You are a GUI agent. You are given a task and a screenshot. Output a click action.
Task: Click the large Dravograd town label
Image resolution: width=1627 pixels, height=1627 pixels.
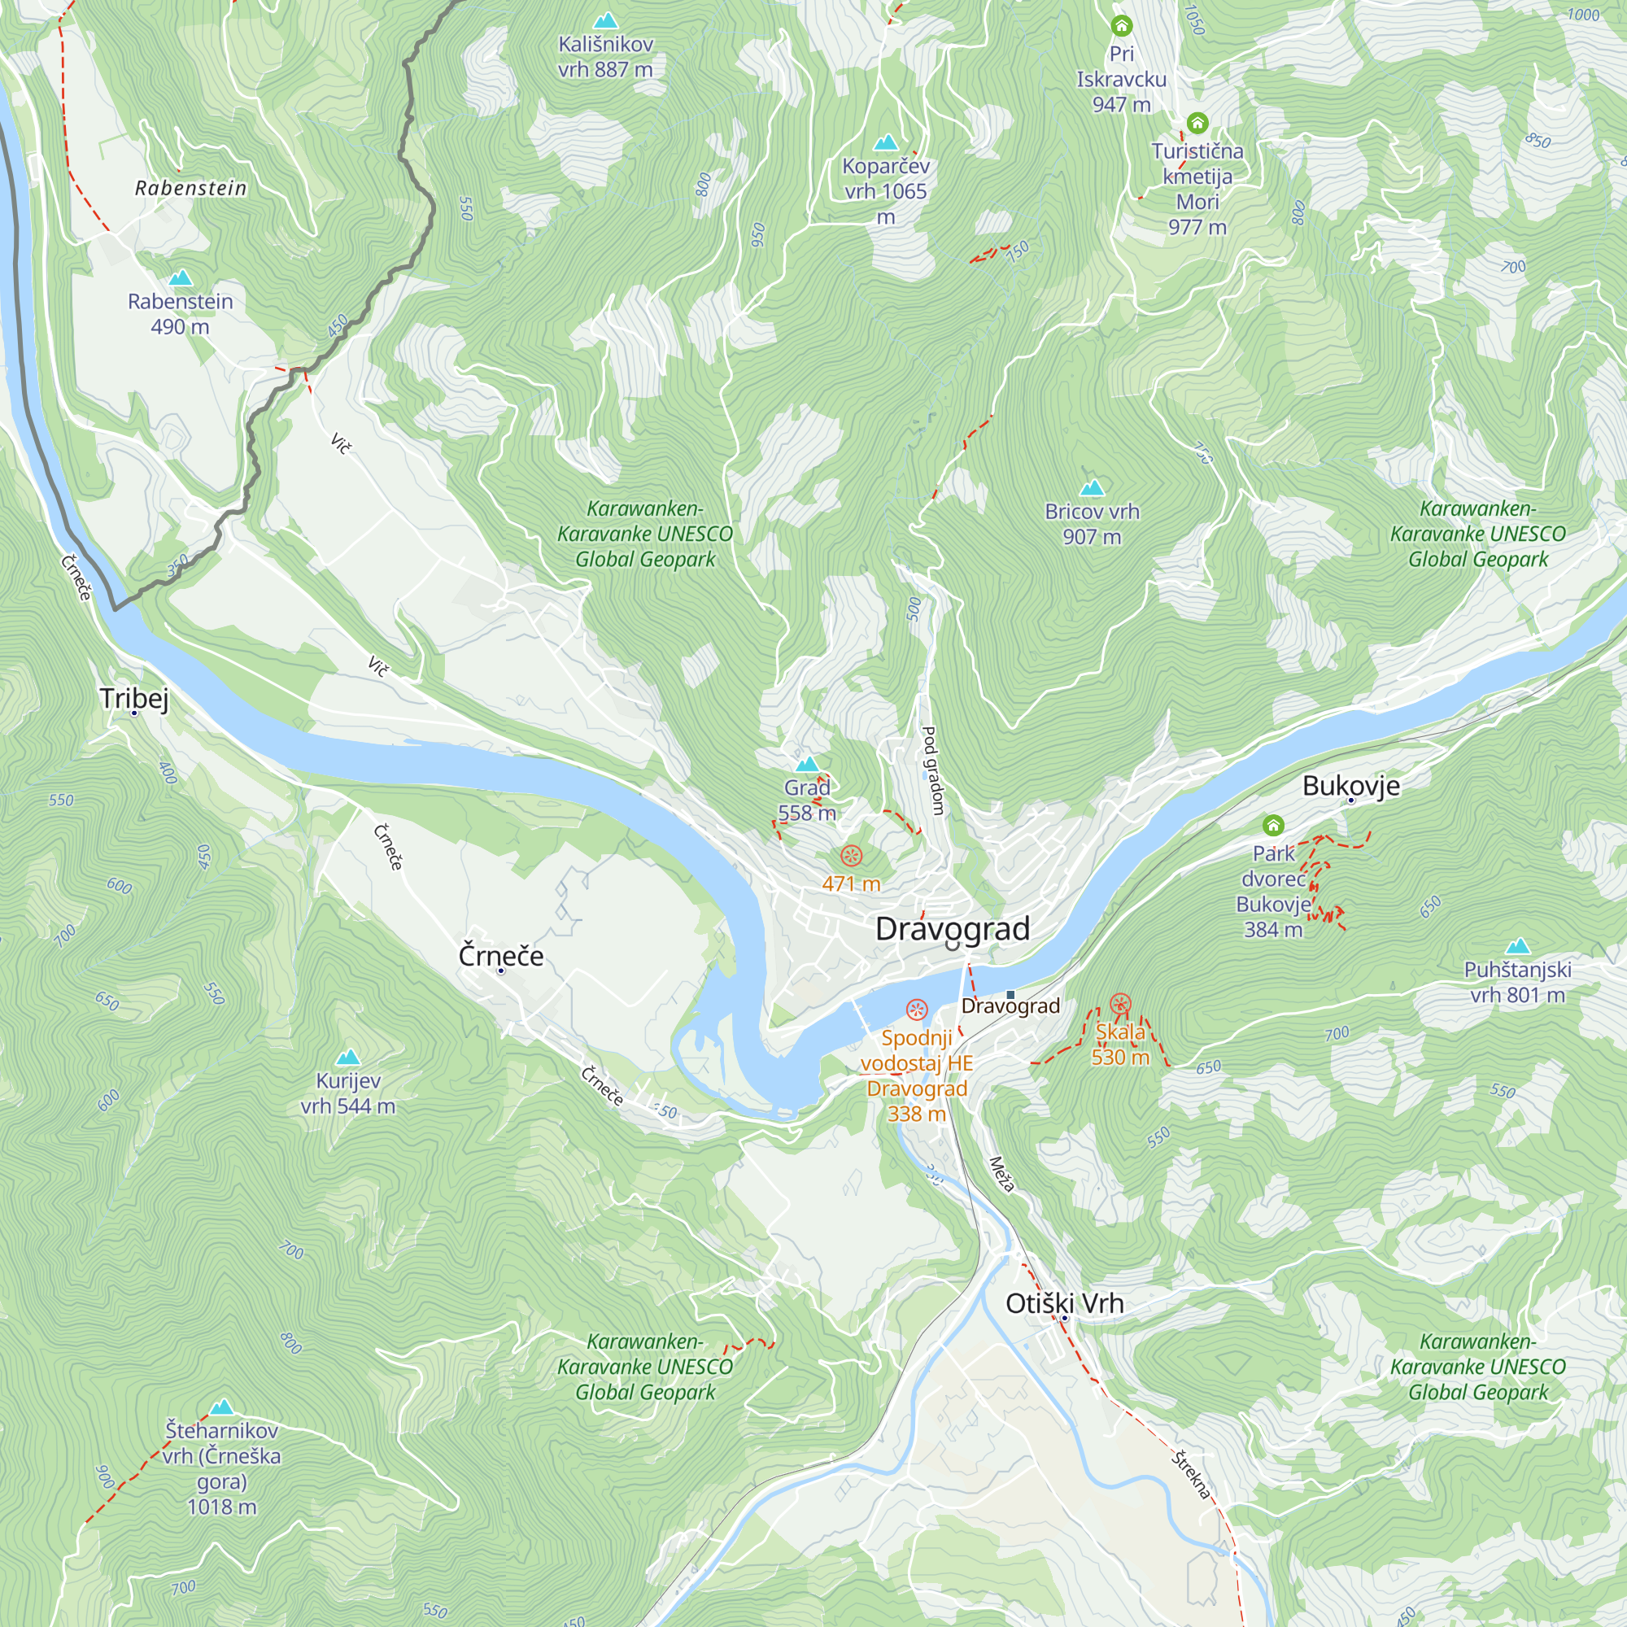click(953, 929)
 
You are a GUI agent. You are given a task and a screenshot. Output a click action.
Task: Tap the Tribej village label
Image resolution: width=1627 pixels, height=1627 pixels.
click(134, 698)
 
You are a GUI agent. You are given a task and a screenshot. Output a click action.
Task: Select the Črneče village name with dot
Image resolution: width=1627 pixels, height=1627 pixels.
click(500, 956)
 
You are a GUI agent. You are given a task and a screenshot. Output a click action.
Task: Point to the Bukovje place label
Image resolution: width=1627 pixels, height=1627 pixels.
click(1350, 786)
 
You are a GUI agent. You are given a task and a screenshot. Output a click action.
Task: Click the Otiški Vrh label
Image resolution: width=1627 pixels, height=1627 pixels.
click(1063, 1303)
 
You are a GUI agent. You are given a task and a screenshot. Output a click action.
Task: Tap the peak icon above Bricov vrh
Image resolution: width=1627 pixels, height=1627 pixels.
click(1093, 487)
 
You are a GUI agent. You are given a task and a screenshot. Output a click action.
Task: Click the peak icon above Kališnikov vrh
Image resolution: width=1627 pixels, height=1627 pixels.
click(604, 20)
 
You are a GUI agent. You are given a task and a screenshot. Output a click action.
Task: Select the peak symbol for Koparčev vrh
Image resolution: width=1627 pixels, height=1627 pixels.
click(885, 142)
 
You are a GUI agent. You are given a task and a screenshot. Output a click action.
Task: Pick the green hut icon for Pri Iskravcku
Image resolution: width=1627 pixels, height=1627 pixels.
click(1121, 25)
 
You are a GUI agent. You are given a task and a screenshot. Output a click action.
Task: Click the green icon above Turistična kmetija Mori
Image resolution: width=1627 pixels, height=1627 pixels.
click(1197, 123)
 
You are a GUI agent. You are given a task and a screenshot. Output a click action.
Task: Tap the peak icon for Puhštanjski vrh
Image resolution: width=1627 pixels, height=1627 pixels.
click(1517, 946)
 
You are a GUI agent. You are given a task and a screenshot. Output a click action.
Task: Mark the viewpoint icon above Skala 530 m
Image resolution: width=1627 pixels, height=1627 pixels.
click(1119, 1003)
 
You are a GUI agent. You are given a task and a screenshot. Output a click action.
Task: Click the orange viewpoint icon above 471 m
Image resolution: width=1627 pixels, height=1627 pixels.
click(852, 857)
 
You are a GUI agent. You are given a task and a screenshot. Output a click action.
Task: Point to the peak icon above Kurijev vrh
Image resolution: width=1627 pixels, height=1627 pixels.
click(348, 1057)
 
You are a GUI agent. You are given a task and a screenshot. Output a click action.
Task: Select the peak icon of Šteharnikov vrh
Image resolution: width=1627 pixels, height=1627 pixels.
click(221, 1407)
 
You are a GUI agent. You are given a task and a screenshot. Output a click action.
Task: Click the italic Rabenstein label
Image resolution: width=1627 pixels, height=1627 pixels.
click(191, 188)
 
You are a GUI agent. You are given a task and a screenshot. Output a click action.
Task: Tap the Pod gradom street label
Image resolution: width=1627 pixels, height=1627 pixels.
click(932, 770)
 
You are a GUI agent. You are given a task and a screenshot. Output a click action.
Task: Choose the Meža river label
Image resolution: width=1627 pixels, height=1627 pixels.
click(1001, 1174)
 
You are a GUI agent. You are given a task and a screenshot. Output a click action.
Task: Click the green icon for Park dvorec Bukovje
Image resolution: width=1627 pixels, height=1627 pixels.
click(1273, 824)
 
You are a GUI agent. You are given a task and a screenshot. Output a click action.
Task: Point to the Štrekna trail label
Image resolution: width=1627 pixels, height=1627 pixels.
click(1191, 1475)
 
